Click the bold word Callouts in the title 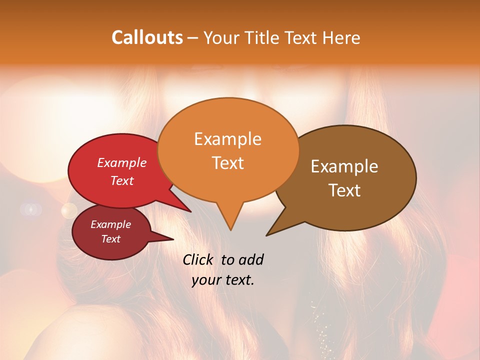(147, 38)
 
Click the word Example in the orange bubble (227, 139)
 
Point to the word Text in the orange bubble (227, 162)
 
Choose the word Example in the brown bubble (344, 166)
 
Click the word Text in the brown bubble (344, 190)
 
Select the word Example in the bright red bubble (122, 162)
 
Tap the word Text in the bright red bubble (122, 180)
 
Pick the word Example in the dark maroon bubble (110, 224)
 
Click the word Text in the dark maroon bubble (110, 239)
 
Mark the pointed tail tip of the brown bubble (267, 235)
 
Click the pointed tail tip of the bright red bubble (190, 211)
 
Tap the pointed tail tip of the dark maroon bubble (173, 238)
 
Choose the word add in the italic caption (251, 259)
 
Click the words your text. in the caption (223, 280)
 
